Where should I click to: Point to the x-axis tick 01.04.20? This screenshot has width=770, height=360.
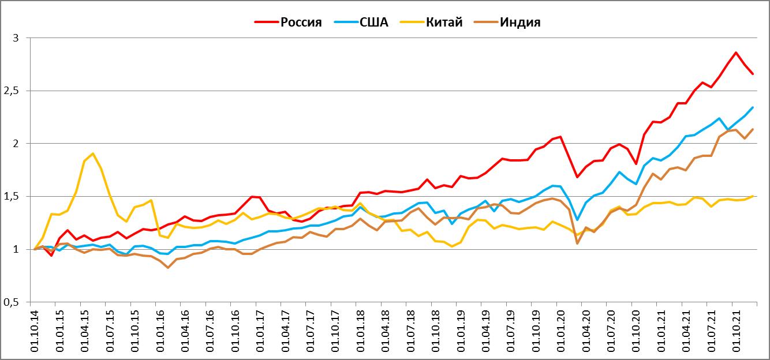[584, 331]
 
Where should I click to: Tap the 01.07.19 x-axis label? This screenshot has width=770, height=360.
[509, 331]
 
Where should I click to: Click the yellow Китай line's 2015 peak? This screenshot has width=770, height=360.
[93, 153]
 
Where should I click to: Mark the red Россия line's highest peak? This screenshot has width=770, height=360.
[736, 52]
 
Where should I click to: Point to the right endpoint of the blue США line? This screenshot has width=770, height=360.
[753, 107]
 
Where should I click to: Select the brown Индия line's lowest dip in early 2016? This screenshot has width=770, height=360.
[168, 268]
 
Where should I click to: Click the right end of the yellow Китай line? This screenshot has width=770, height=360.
[753, 196]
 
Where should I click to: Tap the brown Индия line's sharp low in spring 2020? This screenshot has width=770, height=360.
[577, 243]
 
